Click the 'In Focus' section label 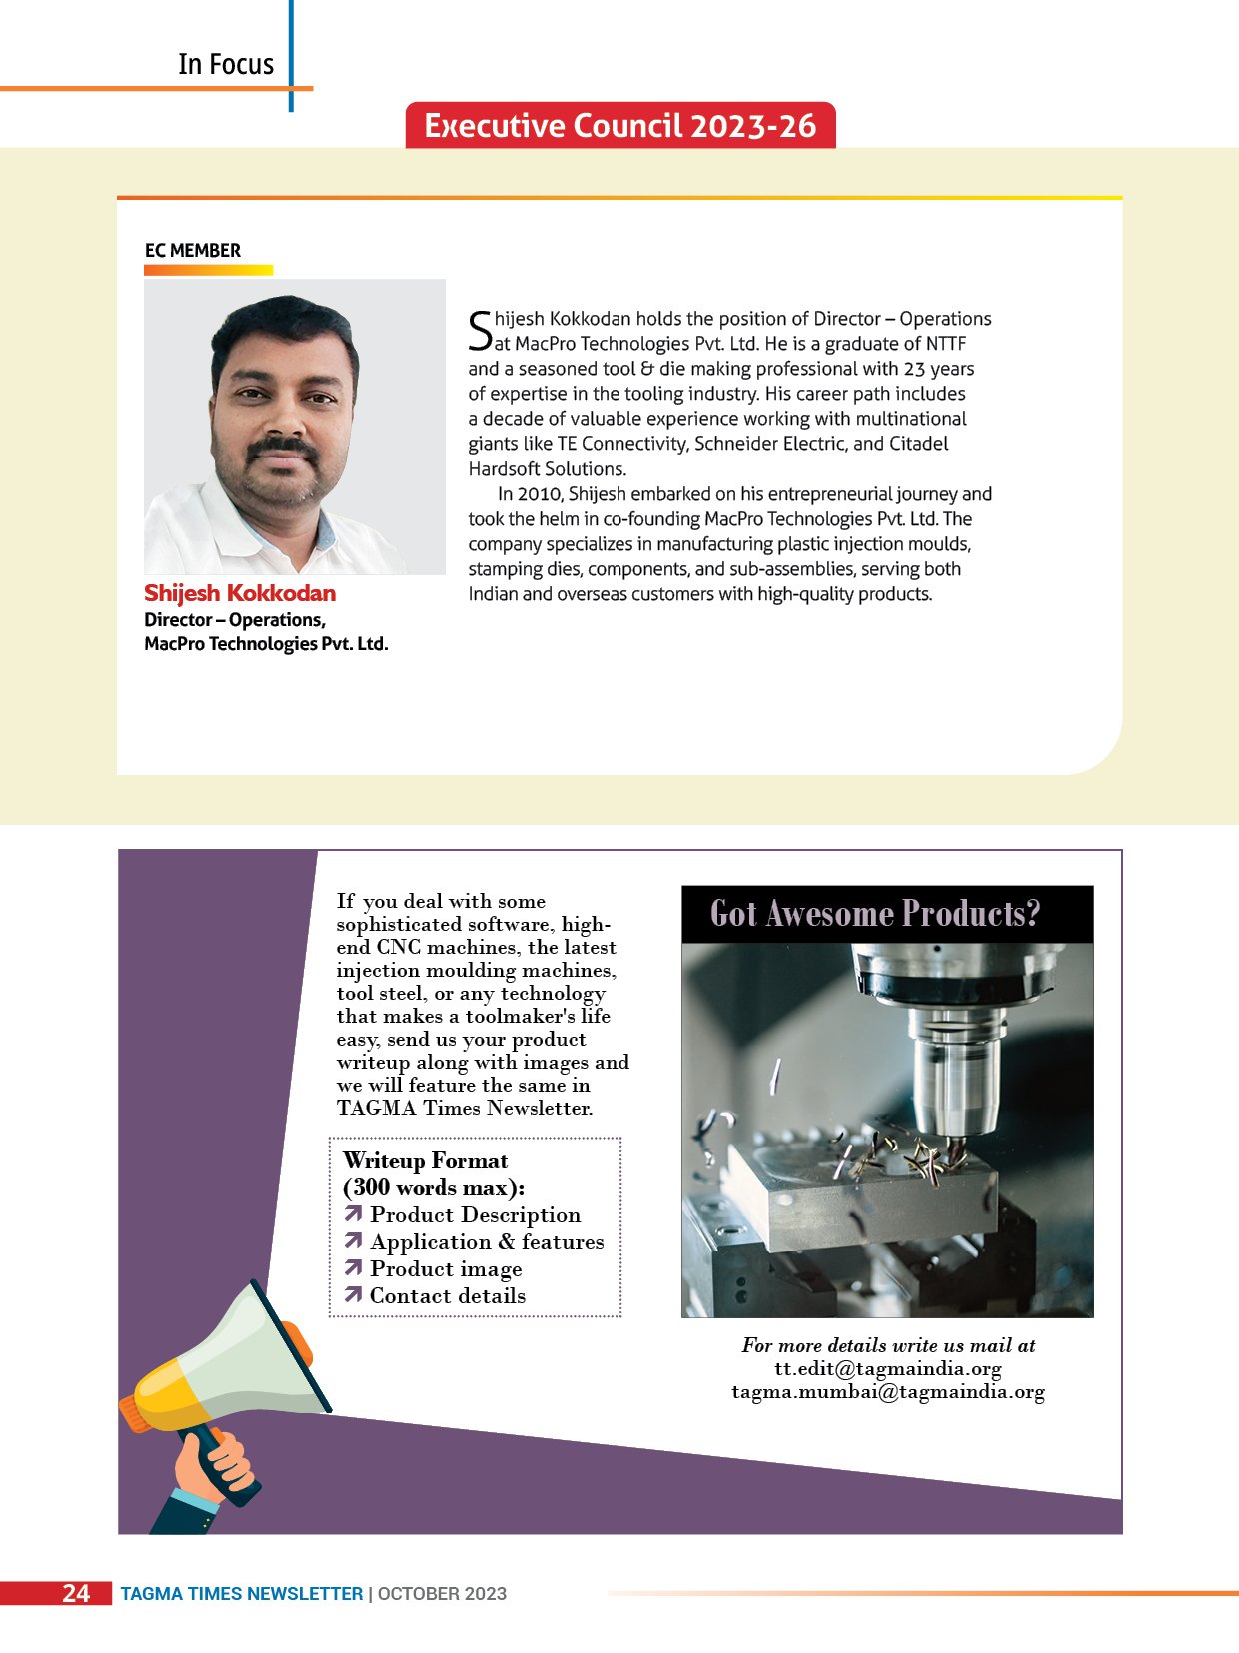226,64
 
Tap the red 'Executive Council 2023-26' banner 619,126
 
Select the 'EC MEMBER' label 193,250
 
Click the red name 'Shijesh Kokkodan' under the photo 240,593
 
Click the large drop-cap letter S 480,331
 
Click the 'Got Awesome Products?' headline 875,914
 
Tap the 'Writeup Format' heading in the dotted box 426,1161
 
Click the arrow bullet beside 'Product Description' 353,1214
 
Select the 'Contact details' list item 447,1296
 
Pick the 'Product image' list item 446,1269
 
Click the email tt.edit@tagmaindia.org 888,1369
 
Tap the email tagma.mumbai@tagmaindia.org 888,1392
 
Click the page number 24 76,1593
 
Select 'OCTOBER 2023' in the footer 442,1594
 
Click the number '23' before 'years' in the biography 914,369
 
